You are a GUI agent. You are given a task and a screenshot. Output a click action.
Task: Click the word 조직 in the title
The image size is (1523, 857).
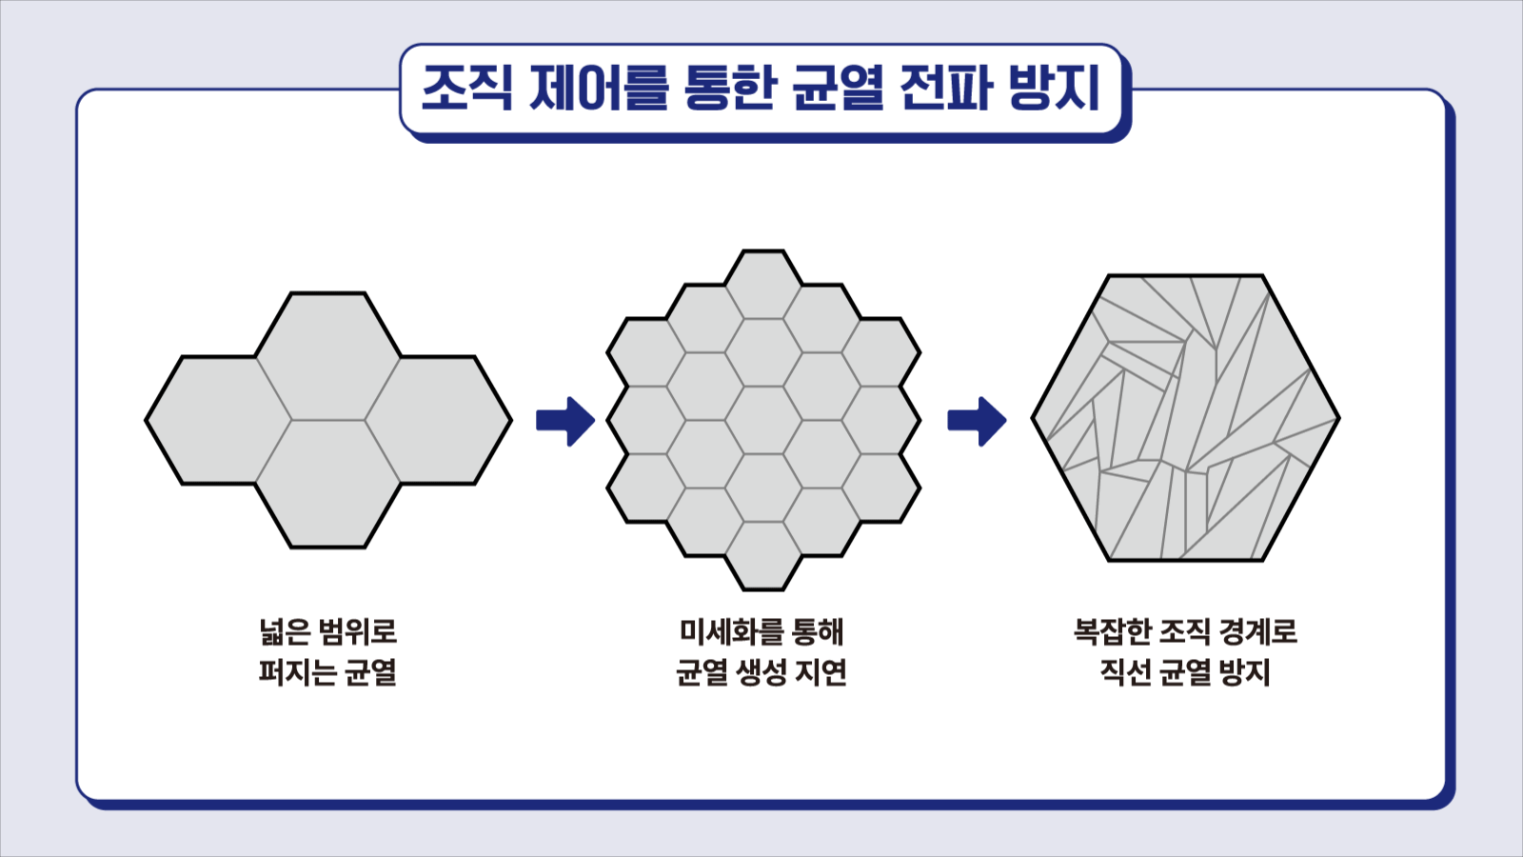coord(466,89)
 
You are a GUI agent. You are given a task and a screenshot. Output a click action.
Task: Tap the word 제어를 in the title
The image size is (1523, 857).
coord(599,89)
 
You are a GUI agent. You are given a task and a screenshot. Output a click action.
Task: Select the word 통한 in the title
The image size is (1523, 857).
coord(730,89)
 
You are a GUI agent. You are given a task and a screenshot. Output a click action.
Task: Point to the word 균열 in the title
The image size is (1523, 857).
coord(838,89)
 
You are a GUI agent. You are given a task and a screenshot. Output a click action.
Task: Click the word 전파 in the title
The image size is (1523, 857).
coord(946,89)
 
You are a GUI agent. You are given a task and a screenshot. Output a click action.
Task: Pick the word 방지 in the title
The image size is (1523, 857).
coord(1053,89)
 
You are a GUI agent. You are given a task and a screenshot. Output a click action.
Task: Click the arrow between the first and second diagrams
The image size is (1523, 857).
coord(565,421)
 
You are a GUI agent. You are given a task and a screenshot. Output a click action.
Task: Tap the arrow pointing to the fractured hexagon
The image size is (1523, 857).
coord(977,421)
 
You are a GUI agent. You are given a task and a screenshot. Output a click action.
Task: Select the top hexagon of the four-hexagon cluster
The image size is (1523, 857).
coord(328,356)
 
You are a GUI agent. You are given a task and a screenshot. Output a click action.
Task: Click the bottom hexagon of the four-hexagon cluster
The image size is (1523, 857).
coord(328,484)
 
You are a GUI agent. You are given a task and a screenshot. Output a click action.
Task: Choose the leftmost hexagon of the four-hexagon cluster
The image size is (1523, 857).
coord(218,420)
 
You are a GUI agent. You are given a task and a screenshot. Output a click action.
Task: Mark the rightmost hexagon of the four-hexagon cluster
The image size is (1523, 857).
coord(439,420)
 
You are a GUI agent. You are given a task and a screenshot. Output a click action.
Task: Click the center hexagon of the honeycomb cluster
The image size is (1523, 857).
coord(763,420)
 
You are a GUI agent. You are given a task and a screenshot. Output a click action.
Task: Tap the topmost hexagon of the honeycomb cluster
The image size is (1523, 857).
coord(763,285)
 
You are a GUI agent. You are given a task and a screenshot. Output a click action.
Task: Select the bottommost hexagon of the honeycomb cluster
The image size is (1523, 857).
coord(763,556)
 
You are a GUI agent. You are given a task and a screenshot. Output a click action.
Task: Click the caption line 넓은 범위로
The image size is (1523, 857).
coord(327,632)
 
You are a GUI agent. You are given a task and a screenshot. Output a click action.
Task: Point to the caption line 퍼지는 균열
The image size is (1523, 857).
coord(327,672)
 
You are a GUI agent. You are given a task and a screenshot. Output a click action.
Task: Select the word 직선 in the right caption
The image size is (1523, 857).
coord(1124,672)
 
